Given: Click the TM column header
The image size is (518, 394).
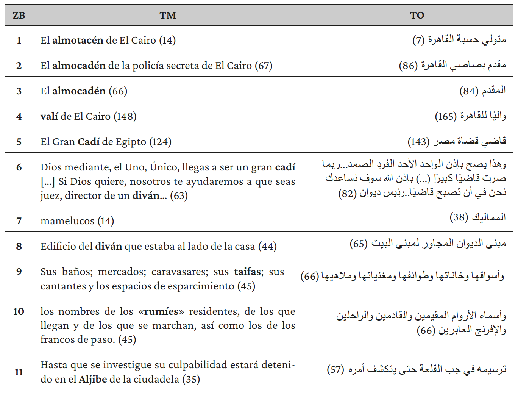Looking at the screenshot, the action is (168, 15).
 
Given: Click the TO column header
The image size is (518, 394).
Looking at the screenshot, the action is (417, 15).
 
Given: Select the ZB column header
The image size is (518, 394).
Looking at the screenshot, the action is (19, 15).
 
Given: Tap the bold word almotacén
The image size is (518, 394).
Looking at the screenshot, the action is (78, 40).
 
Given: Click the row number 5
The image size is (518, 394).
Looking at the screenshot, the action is (19, 142).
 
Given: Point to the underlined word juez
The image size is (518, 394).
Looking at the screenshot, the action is (50, 195).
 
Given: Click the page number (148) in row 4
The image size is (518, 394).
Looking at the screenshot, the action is (125, 116).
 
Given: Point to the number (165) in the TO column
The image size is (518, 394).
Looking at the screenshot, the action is (446, 116).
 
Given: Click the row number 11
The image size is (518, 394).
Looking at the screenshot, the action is (19, 372).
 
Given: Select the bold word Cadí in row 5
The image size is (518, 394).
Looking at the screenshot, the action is (89, 142).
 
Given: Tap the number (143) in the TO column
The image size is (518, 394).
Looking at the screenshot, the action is (418, 142).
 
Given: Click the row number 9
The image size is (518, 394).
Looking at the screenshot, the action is (19, 272).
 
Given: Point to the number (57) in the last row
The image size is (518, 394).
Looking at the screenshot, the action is (335, 369).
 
